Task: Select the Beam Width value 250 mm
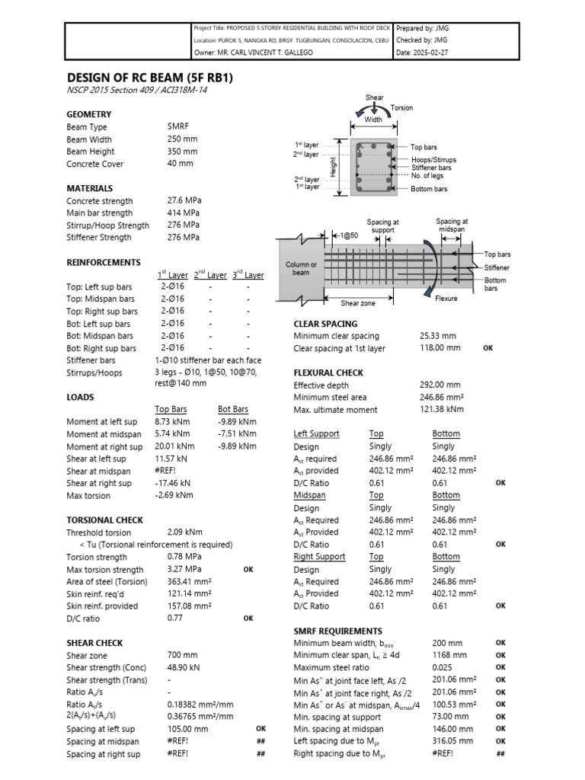coord(182,139)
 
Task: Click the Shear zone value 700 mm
coord(182,655)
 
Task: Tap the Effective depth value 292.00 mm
coord(440,385)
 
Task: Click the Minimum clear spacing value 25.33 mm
coord(437,336)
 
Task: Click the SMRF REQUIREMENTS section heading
coord(337,631)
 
